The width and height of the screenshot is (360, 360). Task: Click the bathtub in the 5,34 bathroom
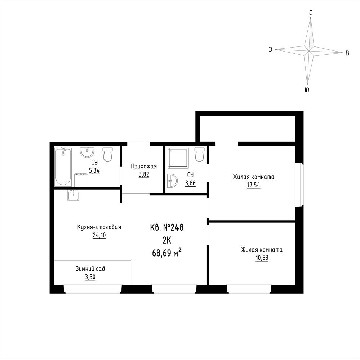[x=63, y=167]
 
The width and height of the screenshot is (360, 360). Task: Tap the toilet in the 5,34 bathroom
[x=107, y=154]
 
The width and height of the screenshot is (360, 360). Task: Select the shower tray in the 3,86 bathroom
[x=178, y=158]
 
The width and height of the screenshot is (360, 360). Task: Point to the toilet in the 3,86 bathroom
[x=199, y=154]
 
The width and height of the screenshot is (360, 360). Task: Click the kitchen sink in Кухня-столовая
[x=74, y=195]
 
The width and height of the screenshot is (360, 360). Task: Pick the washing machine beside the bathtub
[x=81, y=180]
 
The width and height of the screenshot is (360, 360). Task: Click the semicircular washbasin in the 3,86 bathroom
[x=172, y=180]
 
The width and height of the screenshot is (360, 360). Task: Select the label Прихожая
[x=144, y=166]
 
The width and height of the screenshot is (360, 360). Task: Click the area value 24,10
[x=99, y=236]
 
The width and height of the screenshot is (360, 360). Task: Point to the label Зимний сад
[x=90, y=268]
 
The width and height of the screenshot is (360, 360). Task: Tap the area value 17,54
[x=253, y=185]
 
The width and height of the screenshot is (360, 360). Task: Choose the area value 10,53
[x=262, y=258]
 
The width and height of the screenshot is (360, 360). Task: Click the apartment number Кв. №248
[x=167, y=227]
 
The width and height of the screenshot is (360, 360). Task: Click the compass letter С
[x=310, y=13]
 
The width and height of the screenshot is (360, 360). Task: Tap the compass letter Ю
[x=307, y=90]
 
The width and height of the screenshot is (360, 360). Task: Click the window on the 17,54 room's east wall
[x=299, y=185]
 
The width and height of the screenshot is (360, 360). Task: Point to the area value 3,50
[x=90, y=277]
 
